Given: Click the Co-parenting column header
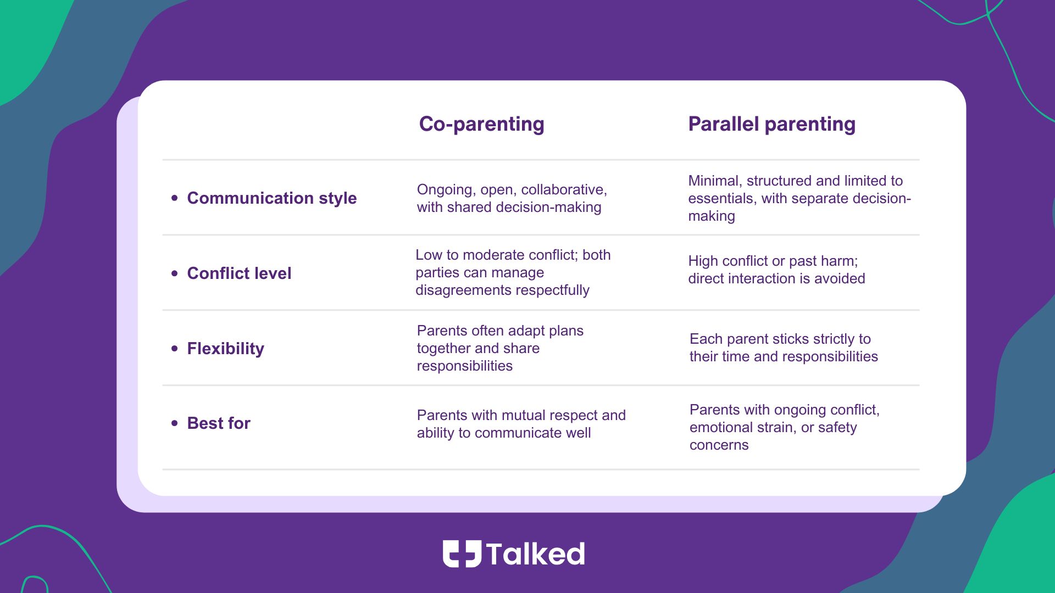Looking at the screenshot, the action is click(x=481, y=125).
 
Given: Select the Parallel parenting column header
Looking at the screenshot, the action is click(x=771, y=125).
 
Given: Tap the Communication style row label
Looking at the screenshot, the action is click(x=272, y=198).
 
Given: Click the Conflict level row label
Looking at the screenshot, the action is click(x=239, y=273).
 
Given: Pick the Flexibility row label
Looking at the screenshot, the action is click(x=225, y=349).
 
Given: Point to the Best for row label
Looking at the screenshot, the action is click(x=219, y=423).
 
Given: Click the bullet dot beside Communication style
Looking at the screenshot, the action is click(x=175, y=198).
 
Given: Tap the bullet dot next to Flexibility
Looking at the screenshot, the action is click(x=175, y=348).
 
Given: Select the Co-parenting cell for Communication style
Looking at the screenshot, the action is click(x=512, y=198).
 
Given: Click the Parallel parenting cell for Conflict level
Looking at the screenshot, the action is click(x=776, y=270).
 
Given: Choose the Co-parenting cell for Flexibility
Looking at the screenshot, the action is click(x=500, y=348).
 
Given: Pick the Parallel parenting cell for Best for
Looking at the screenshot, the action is click(x=785, y=427).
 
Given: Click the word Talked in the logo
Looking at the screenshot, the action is click(x=535, y=554).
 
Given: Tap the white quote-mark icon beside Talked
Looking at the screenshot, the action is click(x=462, y=553).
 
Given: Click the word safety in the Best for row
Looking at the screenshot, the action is click(x=837, y=428).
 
